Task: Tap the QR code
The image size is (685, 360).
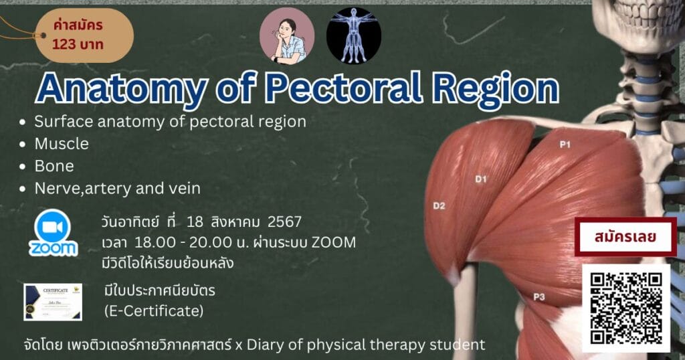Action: coord(626,308)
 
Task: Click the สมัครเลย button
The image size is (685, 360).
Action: coord(625,237)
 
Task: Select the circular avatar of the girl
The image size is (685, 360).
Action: coord(287,36)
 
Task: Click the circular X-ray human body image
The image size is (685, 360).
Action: coord(354,36)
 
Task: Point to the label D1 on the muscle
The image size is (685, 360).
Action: coord(482,179)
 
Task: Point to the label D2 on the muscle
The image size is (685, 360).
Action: coord(439,205)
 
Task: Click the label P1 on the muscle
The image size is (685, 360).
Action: coord(565,143)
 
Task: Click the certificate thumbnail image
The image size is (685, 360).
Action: coord(53,302)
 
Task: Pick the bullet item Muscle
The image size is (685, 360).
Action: coord(62,144)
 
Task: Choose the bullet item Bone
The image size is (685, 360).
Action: coord(54,166)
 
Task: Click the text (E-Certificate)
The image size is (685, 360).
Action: coord(153,311)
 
